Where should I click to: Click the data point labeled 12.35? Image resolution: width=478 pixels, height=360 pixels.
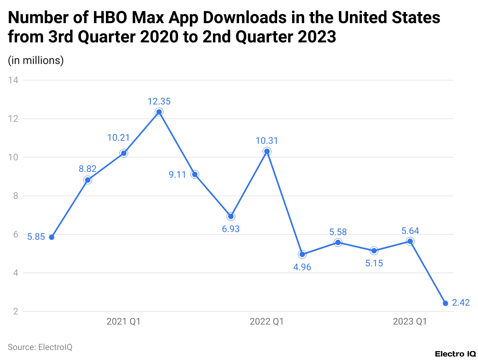pos(159,112)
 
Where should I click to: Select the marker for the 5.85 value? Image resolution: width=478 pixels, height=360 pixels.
pos(52,237)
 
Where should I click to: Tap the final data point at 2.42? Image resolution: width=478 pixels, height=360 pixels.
pos(446,303)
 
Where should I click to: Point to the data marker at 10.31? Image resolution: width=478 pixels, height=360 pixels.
pos(266,151)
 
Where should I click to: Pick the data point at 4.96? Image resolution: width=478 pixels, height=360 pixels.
pos(302,254)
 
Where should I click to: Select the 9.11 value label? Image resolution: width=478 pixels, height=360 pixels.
pos(177,175)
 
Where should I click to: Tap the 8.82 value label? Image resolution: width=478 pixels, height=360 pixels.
pos(88,169)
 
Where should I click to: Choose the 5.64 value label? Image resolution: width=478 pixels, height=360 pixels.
pos(410,231)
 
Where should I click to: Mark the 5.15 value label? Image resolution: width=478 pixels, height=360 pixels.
pos(374,264)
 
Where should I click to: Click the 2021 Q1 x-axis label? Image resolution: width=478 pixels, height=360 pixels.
pos(123,321)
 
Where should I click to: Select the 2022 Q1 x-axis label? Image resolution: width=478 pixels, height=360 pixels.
pos(266,321)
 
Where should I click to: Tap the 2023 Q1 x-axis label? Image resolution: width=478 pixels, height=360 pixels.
pos(410,321)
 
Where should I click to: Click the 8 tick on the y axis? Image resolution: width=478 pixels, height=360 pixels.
pos(15,196)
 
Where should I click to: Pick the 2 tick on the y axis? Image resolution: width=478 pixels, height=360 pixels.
pos(15,311)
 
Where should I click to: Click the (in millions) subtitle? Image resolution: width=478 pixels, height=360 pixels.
pos(35,61)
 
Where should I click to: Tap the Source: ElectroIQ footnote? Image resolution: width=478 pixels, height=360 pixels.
pos(40,347)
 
